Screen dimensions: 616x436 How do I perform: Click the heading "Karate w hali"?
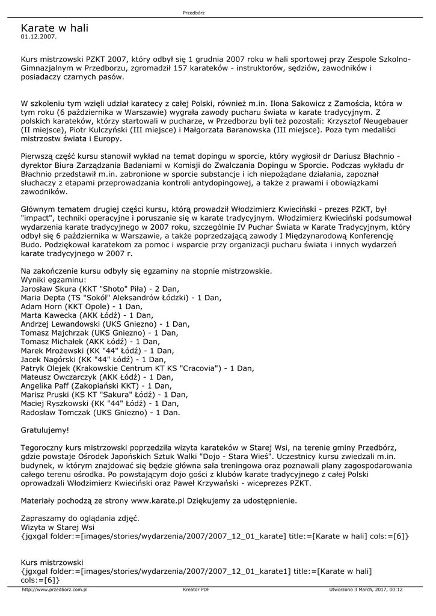tap(54, 28)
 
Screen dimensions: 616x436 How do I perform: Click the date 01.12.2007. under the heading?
tap(38, 37)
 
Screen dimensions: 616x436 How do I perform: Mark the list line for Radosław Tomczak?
tap(100, 413)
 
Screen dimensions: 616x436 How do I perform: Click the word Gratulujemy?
tap(45, 430)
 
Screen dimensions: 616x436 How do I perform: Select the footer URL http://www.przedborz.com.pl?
tap(55, 590)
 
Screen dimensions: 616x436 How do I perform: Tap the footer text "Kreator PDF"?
tap(196, 590)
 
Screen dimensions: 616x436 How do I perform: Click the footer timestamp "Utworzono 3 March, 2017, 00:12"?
tap(366, 590)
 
